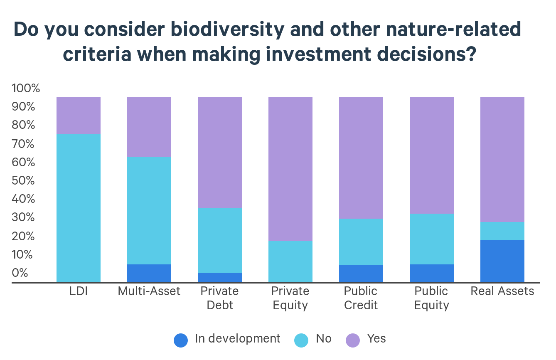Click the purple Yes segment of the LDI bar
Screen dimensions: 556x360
pos(79,116)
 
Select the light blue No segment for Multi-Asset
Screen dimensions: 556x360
pos(149,211)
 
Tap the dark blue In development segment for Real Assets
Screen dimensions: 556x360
pos(502,261)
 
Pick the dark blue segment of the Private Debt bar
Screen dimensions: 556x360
pos(220,278)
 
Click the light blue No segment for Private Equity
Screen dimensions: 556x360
pos(290,261)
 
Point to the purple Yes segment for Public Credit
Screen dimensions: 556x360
pos(361,158)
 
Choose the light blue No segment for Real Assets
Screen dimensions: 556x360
pos(502,231)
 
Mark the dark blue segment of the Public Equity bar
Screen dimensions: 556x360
pos(432,274)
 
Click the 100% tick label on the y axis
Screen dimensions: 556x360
pos(26,88)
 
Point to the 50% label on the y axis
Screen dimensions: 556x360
pos(23,180)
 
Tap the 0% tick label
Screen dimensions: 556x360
pos(20,273)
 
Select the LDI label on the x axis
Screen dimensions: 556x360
pos(79,291)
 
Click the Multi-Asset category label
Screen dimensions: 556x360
pos(149,291)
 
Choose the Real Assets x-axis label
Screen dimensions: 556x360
pos(502,291)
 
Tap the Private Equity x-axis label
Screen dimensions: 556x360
pos(290,298)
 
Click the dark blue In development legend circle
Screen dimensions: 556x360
pos(181,340)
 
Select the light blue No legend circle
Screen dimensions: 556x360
pos(301,340)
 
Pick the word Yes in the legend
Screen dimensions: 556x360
pos(376,338)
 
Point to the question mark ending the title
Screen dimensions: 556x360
pos(470,54)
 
